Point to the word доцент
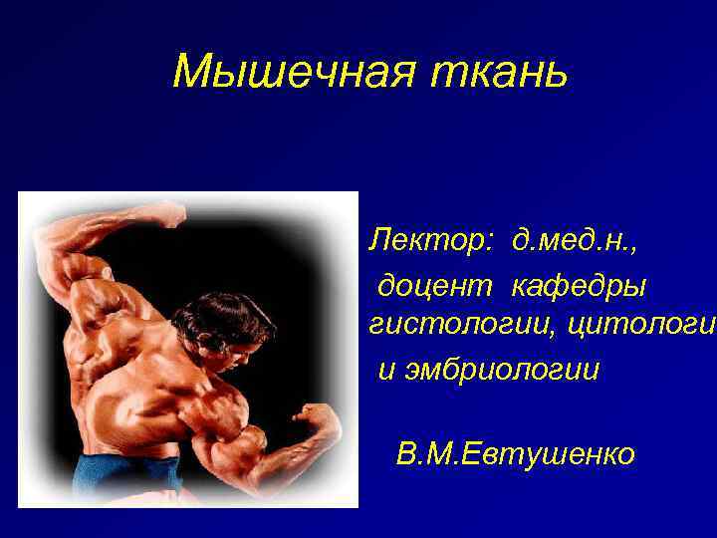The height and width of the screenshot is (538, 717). [434, 287]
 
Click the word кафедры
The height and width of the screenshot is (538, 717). [579, 287]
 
